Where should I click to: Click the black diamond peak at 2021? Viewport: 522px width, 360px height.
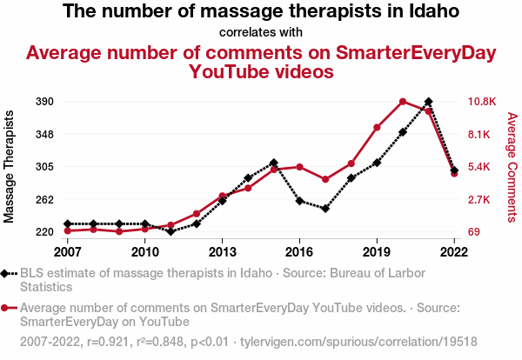point(429,102)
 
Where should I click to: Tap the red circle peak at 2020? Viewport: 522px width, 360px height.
point(403,102)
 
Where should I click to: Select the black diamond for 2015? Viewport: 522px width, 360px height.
point(274,163)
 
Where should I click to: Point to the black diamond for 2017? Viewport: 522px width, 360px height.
point(325,209)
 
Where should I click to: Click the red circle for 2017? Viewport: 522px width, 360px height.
point(325,179)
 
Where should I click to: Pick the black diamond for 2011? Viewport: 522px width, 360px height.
point(171,231)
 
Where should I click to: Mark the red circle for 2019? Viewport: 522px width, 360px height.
point(377,128)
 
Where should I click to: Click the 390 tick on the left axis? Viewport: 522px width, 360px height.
point(44,102)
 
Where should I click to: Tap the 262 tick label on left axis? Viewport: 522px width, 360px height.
point(44,199)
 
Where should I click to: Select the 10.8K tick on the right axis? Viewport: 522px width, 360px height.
point(481,102)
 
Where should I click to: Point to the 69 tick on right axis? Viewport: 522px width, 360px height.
point(474,232)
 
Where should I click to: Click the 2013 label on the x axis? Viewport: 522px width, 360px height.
point(222,252)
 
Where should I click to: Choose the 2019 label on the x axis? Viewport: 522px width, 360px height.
point(377,252)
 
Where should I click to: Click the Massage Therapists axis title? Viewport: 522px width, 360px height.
point(10,166)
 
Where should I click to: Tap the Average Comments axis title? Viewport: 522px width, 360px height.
point(512,166)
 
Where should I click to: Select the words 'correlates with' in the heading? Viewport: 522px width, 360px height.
point(261,33)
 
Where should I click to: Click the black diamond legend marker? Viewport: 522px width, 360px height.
point(9,273)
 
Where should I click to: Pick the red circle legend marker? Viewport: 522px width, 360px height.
point(9,307)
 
